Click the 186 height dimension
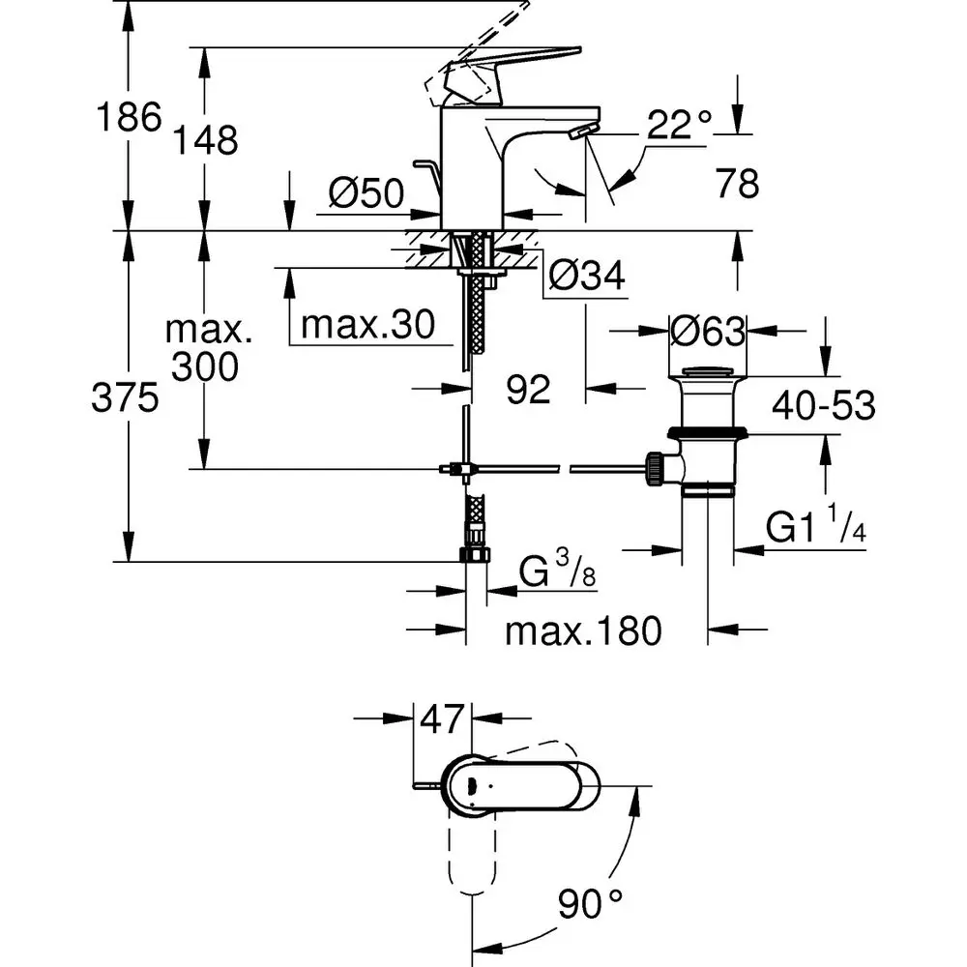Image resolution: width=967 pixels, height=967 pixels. (x=127, y=119)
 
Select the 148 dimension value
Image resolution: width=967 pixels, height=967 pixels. (x=207, y=141)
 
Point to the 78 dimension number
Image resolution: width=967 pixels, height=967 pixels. (x=738, y=183)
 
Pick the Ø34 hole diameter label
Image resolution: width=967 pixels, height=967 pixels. (x=586, y=278)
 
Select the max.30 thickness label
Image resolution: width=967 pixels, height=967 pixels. (x=366, y=324)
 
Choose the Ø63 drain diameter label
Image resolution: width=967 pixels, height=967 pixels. (x=708, y=332)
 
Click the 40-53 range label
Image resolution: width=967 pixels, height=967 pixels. (x=823, y=406)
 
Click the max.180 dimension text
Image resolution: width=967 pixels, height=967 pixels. (x=584, y=631)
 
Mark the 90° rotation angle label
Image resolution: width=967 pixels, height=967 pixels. (x=589, y=906)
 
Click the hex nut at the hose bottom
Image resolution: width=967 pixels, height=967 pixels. (x=476, y=555)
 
